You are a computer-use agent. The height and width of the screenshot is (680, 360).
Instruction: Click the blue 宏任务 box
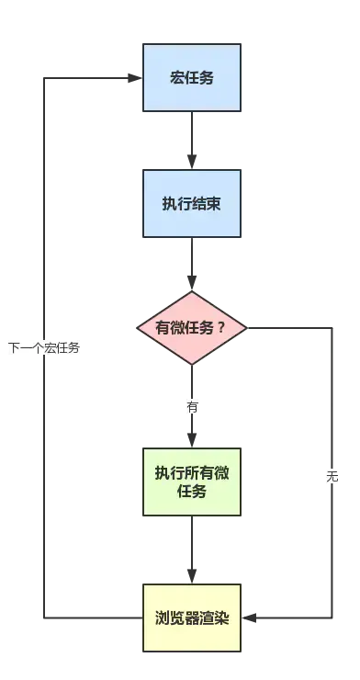[x=191, y=77]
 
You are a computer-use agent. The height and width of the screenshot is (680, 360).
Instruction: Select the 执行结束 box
[x=191, y=203]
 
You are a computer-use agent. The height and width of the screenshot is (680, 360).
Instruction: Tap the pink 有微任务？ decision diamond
[x=192, y=327]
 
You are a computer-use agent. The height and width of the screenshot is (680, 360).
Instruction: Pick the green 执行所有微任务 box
[x=191, y=482]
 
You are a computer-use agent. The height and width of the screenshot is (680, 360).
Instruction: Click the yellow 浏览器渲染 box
[x=191, y=617]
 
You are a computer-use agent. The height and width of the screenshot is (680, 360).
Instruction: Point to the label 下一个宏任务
[x=44, y=347]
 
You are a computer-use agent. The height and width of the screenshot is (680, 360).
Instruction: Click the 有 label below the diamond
[x=192, y=406]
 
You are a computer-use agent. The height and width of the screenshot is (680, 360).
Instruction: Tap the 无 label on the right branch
[x=332, y=477]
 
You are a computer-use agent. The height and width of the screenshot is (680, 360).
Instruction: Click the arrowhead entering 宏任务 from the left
[x=132, y=78]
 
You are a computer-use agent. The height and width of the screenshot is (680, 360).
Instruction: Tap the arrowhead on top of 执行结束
[x=191, y=163]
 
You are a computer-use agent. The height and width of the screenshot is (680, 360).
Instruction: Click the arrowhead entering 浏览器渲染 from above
[x=191, y=574]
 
